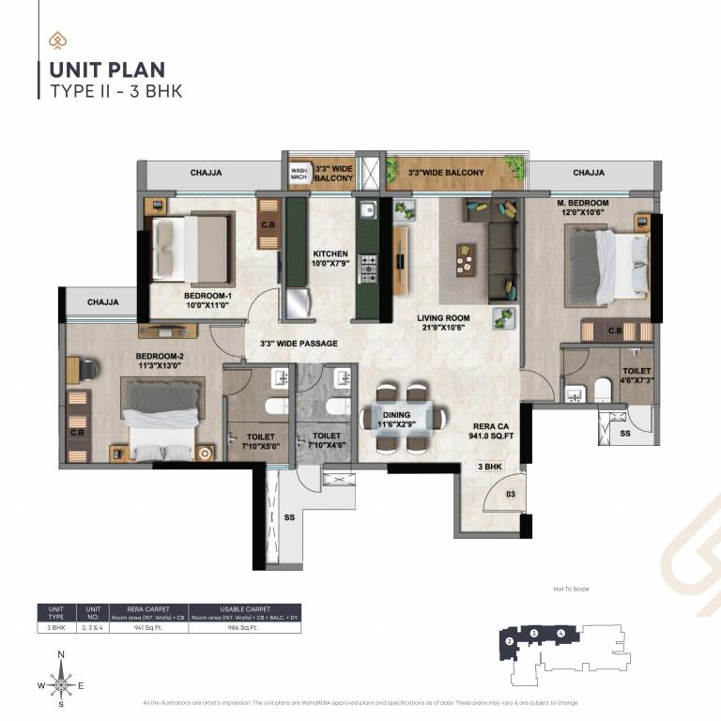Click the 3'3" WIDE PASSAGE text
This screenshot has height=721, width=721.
pyautogui.click(x=298, y=344)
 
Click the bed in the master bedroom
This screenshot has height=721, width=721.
pyautogui.click(x=610, y=266)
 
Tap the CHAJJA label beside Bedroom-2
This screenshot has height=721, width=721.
pyautogui.click(x=103, y=302)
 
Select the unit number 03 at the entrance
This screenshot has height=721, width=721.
pyautogui.click(x=511, y=493)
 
